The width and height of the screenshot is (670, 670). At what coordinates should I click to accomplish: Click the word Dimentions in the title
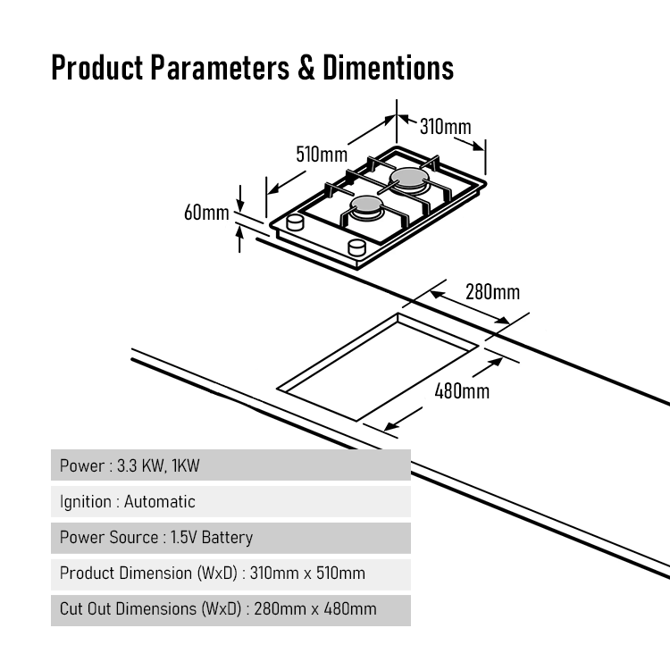pyautogui.click(x=389, y=69)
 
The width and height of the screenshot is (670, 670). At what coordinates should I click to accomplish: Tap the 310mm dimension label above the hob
pyautogui.click(x=445, y=127)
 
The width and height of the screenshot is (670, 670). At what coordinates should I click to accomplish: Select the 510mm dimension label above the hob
pyautogui.click(x=321, y=154)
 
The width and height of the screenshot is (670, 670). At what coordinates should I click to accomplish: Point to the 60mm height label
pyautogui.click(x=206, y=213)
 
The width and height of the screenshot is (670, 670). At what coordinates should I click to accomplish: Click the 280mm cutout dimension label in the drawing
pyautogui.click(x=492, y=292)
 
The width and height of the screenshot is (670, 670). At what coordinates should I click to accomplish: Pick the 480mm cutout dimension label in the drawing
pyautogui.click(x=461, y=390)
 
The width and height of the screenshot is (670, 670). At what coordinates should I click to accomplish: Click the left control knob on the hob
pyautogui.click(x=297, y=222)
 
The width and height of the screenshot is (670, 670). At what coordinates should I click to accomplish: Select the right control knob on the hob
pyautogui.click(x=356, y=246)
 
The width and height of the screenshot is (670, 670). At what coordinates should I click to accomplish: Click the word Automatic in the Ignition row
pyautogui.click(x=159, y=501)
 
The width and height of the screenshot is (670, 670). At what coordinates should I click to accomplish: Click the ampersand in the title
pyautogui.click(x=306, y=69)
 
